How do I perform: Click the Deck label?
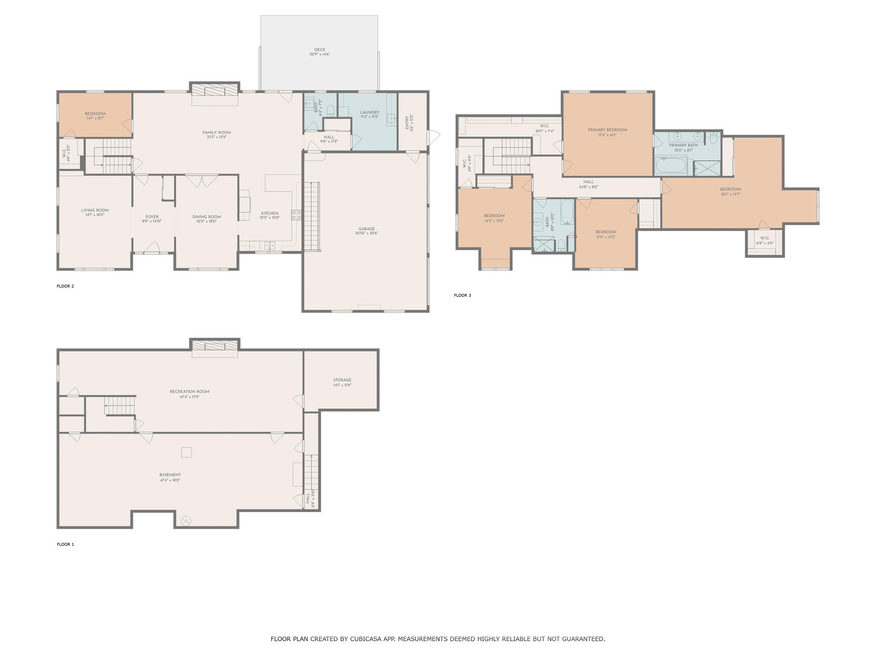pyautogui.click(x=320, y=50)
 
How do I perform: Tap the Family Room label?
pyautogui.click(x=216, y=133)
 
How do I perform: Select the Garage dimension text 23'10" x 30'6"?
pyautogui.click(x=367, y=234)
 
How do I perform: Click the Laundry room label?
pyautogui.click(x=370, y=112)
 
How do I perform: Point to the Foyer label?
pyautogui.click(x=152, y=217)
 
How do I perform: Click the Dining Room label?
pyautogui.click(x=207, y=217)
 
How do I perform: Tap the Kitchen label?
pyautogui.click(x=270, y=213)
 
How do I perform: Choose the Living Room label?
pyautogui.click(x=95, y=210)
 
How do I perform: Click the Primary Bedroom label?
pyautogui.click(x=607, y=130)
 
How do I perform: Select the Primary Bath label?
pyautogui.click(x=683, y=145)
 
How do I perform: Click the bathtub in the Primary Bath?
pyautogui.click(x=671, y=165)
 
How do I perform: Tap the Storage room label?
pyautogui.click(x=342, y=380)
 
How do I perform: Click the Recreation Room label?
pyautogui.click(x=189, y=391)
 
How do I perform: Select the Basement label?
pyautogui.click(x=170, y=475)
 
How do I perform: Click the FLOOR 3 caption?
pyautogui.click(x=462, y=295)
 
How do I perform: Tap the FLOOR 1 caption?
pyautogui.click(x=65, y=545)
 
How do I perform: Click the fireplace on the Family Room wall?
pyautogui.click(x=214, y=91)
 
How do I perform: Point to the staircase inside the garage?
pyautogui.click(x=312, y=216)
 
